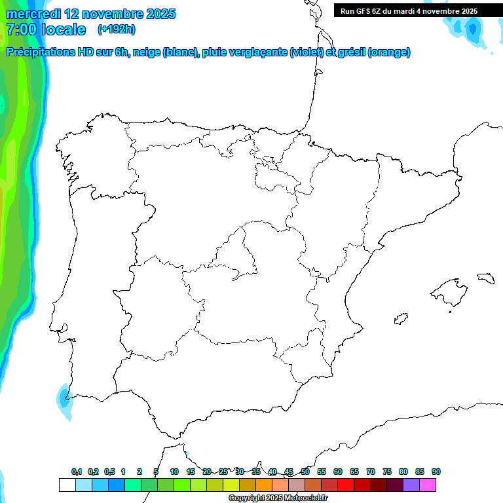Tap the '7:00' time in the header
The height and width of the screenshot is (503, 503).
tap(20, 29)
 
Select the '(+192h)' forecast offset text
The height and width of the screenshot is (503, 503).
tap(116, 29)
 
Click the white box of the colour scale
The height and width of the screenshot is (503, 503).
tap(67, 485)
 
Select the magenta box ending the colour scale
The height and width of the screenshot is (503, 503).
tap(428, 485)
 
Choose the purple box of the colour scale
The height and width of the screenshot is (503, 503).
tap(411, 485)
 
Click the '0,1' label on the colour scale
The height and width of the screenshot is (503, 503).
tap(77, 472)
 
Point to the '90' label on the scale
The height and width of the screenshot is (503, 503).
tap(436, 472)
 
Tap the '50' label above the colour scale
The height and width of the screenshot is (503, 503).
tap(305, 472)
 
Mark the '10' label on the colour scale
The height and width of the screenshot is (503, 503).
tap(174, 472)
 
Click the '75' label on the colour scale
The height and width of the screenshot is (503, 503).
tap(387, 472)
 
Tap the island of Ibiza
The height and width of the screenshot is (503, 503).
tap(400, 319)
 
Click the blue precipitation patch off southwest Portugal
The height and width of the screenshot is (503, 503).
tap(64, 398)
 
